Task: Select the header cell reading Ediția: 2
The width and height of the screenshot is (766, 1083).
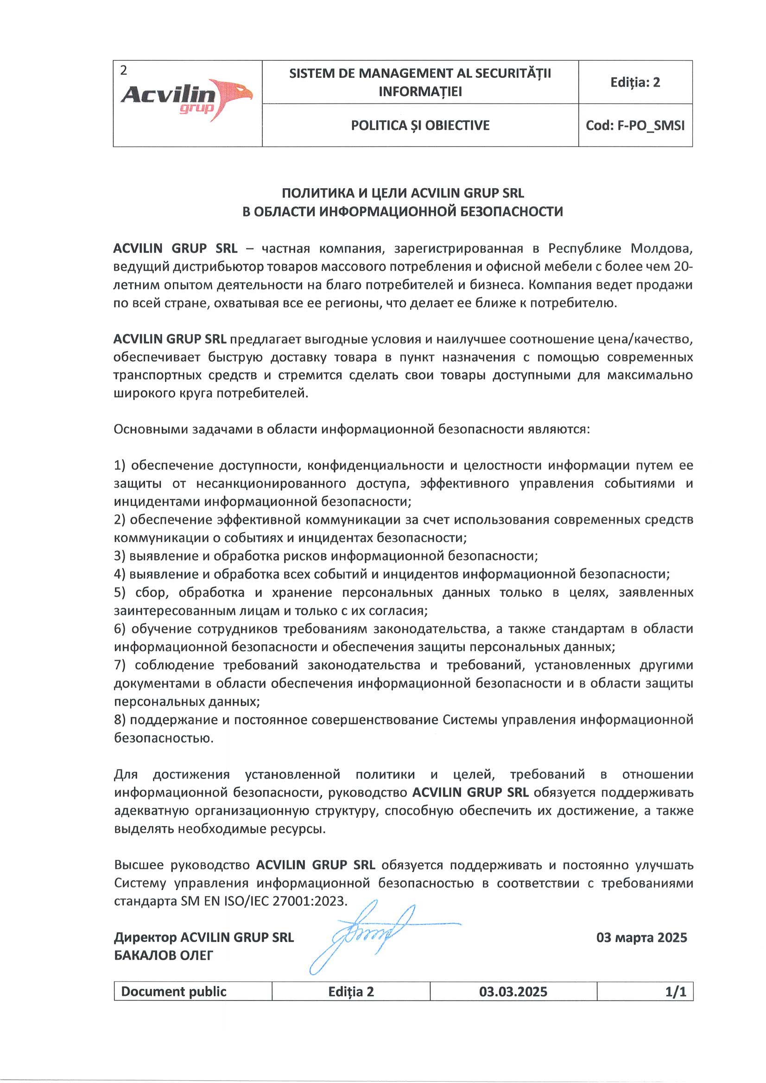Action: point(635,83)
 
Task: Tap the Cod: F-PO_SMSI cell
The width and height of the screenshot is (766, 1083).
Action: point(635,126)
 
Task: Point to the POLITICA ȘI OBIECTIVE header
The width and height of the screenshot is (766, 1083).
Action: point(420,126)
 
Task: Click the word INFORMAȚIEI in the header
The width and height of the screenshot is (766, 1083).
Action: point(420,91)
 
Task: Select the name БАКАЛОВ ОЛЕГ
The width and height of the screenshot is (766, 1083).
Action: point(163,956)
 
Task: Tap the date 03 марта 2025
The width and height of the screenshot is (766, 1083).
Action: point(641,937)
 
